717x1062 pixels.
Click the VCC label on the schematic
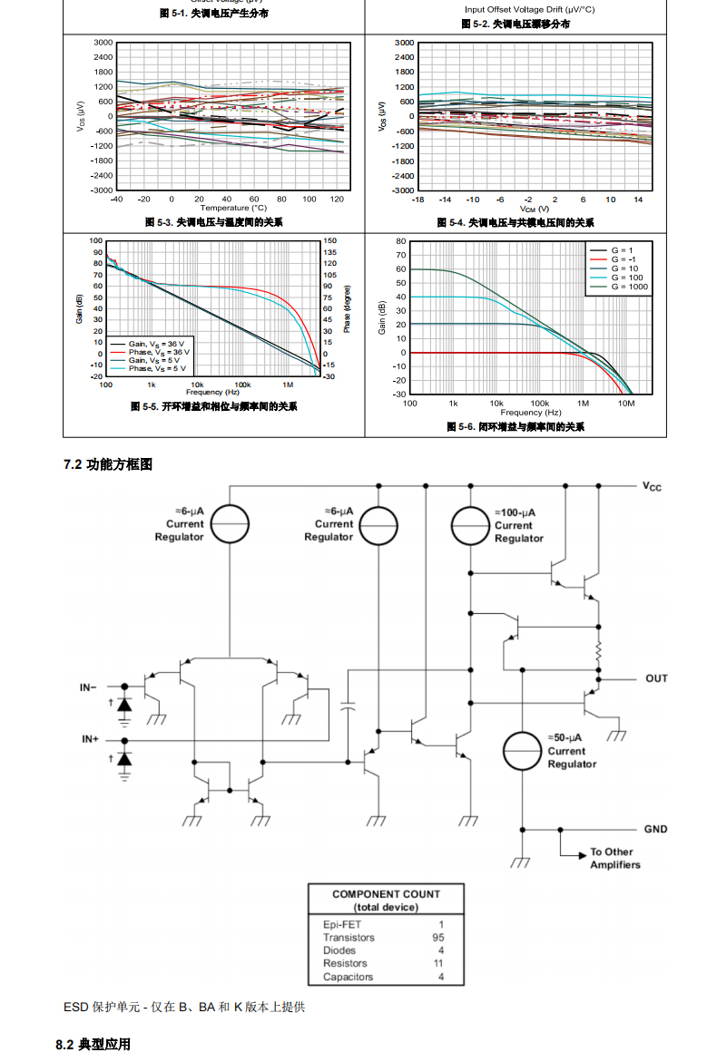pyautogui.click(x=652, y=487)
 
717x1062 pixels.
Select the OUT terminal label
pyautogui.click(x=656, y=678)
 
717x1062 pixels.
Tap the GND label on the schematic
pyautogui.click(x=655, y=829)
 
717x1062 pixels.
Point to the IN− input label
pyautogui.click(x=88, y=687)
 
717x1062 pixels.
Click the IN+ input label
pyautogui.click(x=90, y=739)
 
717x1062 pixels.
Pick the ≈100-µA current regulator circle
pyautogui.click(x=471, y=525)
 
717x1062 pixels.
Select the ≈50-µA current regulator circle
pyautogui.click(x=524, y=751)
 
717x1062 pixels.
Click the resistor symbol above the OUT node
pyautogui.click(x=598, y=651)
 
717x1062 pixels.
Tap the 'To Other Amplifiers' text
pyautogui.click(x=615, y=858)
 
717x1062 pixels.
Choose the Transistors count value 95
pyautogui.click(x=438, y=938)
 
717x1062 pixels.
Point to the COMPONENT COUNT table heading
pyautogui.click(x=386, y=894)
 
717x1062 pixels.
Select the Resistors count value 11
pyautogui.click(x=438, y=963)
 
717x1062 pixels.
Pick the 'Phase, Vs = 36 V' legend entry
pyautogui.click(x=151, y=352)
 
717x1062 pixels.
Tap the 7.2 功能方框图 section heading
pyautogui.click(x=108, y=464)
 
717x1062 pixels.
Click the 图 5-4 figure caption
pyautogui.click(x=516, y=223)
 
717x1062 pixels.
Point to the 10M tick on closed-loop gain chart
pyautogui.click(x=625, y=403)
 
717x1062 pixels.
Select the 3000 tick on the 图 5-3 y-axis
pyautogui.click(x=103, y=43)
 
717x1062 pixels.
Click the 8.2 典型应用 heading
pyautogui.click(x=93, y=1045)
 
